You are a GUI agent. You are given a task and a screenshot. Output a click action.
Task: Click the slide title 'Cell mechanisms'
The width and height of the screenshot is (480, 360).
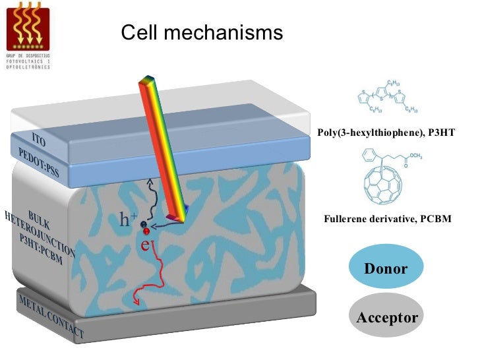pos(202,32)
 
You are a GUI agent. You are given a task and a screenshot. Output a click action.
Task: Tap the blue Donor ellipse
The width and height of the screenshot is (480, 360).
pos(386,269)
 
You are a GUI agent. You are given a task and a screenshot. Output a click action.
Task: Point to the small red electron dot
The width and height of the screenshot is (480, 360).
pos(147,231)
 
